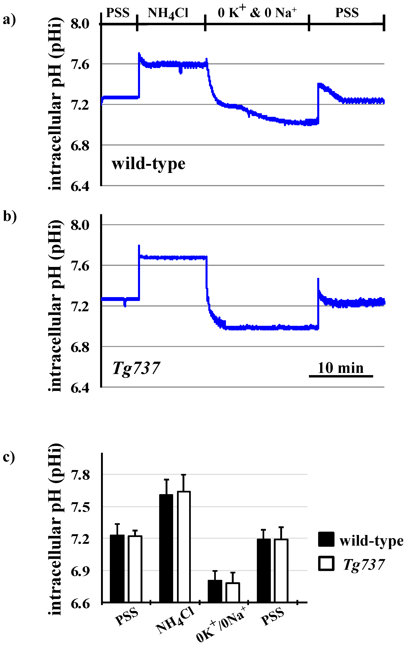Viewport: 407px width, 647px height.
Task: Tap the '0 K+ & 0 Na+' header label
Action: click(x=257, y=12)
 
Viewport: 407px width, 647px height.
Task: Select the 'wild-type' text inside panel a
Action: click(x=148, y=164)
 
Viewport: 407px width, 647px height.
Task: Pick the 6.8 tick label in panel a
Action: click(x=80, y=146)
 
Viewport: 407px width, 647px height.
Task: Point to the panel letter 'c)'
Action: click(x=9, y=457)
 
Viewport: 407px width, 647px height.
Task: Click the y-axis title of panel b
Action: click(x=56, y=306)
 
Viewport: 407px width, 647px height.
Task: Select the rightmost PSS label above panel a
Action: click(x=347, y=13)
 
